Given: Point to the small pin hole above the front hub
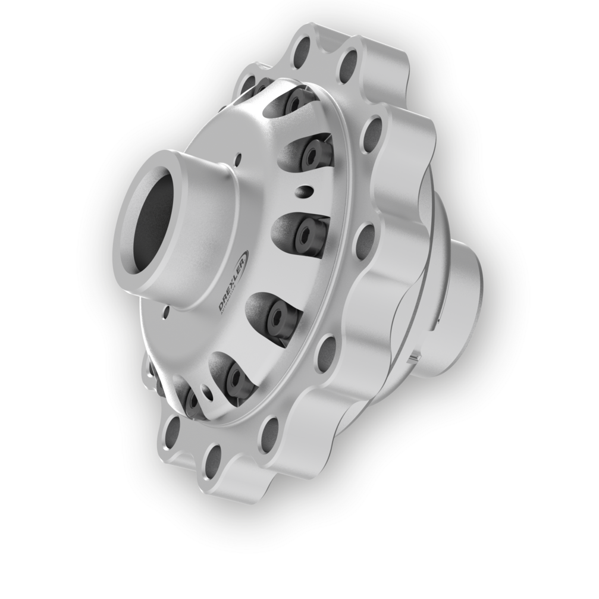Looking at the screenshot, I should [x=239, y=158].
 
